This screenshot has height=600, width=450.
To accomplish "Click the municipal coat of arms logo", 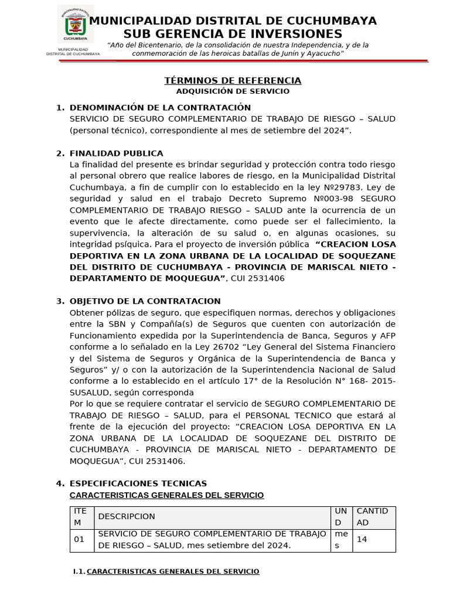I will coord(76,25).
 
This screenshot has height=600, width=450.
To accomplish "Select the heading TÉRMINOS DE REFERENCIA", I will coord(233,81).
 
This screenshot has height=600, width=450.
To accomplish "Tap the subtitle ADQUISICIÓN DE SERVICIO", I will coord(233,91).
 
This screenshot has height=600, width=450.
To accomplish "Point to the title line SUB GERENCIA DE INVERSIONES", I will coord(233,34).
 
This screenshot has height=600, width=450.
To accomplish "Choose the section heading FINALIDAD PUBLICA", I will coord(117,154).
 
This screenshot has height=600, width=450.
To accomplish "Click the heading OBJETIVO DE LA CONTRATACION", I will coord(145,301).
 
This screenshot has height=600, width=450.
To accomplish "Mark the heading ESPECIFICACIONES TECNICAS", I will coord(138,483).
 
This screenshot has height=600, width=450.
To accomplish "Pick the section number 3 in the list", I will coord(59,301).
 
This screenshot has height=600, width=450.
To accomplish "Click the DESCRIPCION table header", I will coord(127,517).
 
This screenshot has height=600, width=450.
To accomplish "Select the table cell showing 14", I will coord(362,540).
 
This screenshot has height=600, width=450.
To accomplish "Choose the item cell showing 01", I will coord(79,540).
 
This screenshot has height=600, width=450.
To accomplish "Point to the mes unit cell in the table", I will coord(340,540).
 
